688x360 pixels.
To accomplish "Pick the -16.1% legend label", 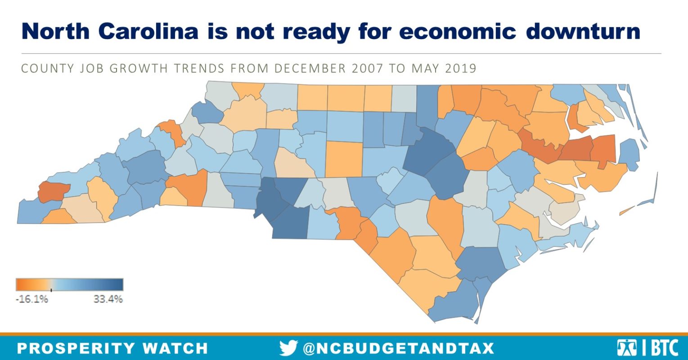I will [x=31, y=299].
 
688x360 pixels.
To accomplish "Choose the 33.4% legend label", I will [x=108, y=299].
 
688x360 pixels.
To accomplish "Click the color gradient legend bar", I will [x=69, y=284].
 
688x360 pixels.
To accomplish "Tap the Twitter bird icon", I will [x=288, y=348].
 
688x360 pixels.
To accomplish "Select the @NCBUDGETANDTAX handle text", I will [x=398, y=348].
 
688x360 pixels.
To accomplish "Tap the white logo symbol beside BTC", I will [x=626, y=348].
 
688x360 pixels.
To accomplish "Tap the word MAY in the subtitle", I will [x=418, y=69].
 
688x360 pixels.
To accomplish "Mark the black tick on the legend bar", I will [x=51, y=289].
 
